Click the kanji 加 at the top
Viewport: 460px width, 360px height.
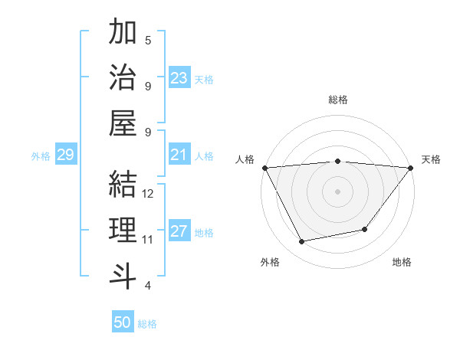[x=123, y=33]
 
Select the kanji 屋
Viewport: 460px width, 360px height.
[x=123, y=123]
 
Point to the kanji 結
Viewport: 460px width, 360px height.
[x=123, y=185]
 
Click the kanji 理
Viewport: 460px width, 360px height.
[x=123, y=230]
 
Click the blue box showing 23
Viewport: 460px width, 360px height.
[x=179, y=78]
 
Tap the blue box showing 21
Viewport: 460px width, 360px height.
[x=179, y=155]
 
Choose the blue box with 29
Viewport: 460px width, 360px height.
[x=65, y=155]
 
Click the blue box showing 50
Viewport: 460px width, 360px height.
[x=123, y=322]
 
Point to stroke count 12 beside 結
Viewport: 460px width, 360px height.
[x=149, y=194]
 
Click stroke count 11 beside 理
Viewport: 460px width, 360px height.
[x=148, y=239]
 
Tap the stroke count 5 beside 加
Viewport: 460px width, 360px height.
[x=148, y=41]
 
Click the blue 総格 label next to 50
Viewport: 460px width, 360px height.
[x=147, y=324]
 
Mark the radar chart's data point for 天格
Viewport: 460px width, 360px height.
[x=411, y=168]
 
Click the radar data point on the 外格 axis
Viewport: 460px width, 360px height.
[x=301, y=242]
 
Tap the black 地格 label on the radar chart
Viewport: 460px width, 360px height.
[x=402, y=263]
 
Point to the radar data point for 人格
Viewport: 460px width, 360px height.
[x=264, y=168]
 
